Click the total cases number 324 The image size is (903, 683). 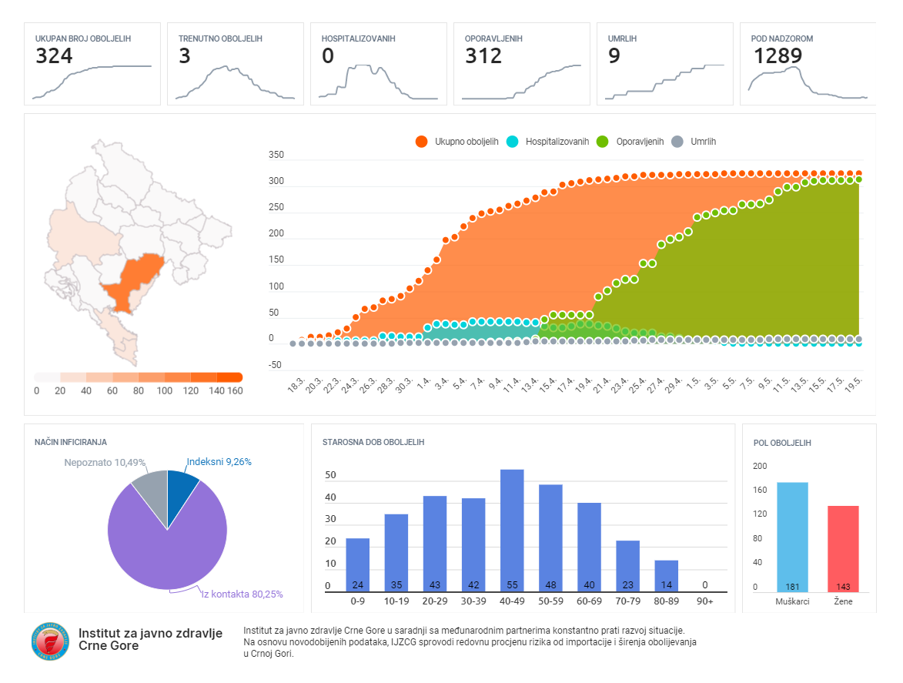[54, 56]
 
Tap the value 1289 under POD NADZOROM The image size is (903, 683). [778, 56]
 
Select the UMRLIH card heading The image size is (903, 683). [622, 39]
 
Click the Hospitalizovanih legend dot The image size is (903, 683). [513, 142]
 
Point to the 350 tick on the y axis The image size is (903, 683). [276, 156]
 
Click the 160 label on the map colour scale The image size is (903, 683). [235, 391]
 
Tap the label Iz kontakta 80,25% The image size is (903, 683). [242, 594]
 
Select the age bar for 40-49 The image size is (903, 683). [512, 531]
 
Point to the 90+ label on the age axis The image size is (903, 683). [704, 601]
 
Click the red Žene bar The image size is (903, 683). [843, 548]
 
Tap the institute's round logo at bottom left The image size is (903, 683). [50, 641]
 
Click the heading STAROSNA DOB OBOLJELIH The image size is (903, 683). [373, 443]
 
